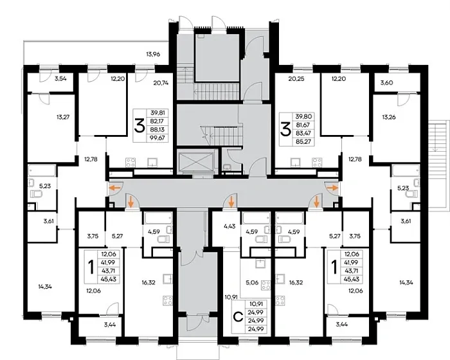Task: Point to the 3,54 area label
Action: (60, 78)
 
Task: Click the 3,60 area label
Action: (386, 83)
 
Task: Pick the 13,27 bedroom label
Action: (63, 117)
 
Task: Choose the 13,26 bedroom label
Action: (389, 117)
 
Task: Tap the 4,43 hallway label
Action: (230, 226)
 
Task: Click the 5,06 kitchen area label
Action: (252, 282)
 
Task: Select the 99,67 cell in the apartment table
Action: (157, 138)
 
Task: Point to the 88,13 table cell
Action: (157, 129)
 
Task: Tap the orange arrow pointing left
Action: (116, 188)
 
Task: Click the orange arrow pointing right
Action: (332, 188)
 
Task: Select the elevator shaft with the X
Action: (196, 163)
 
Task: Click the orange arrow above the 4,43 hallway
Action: (231, 203)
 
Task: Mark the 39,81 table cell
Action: (157, 113)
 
